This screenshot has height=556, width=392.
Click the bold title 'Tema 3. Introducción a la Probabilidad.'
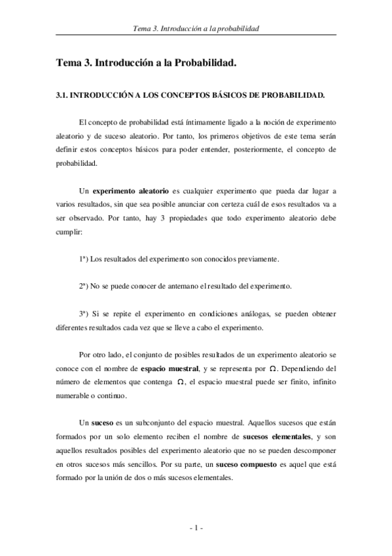[x=145, y=64]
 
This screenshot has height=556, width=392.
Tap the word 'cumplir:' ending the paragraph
[x=69, y=231]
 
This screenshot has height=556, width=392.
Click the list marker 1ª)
[x=84, y=259]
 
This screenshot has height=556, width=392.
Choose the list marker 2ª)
[x=84, y=287]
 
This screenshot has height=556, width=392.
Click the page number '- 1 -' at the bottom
[x=196, y=528]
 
